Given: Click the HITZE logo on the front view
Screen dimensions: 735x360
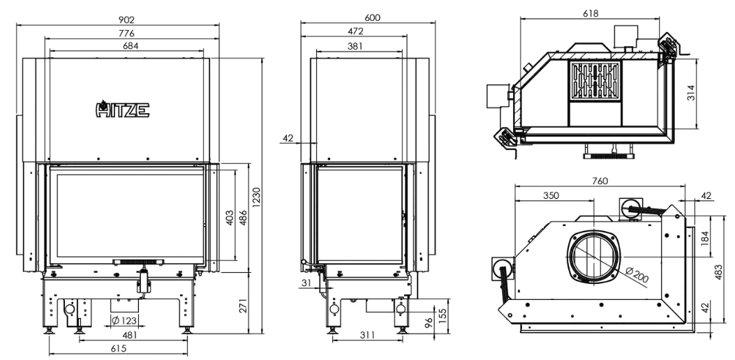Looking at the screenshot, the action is click(x=122, y=109).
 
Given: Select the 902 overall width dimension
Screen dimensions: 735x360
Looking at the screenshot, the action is click(x=126, y=20).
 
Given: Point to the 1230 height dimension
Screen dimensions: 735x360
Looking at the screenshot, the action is click(x=257, y=197).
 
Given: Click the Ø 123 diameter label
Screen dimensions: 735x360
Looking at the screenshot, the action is click(x=125, y=321).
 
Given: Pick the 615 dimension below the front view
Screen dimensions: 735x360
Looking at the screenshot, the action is click(x=119, y=348).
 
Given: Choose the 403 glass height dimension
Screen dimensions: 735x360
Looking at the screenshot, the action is click(x=230, y=217).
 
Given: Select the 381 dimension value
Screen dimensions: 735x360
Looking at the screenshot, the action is click(x=355, y=46).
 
